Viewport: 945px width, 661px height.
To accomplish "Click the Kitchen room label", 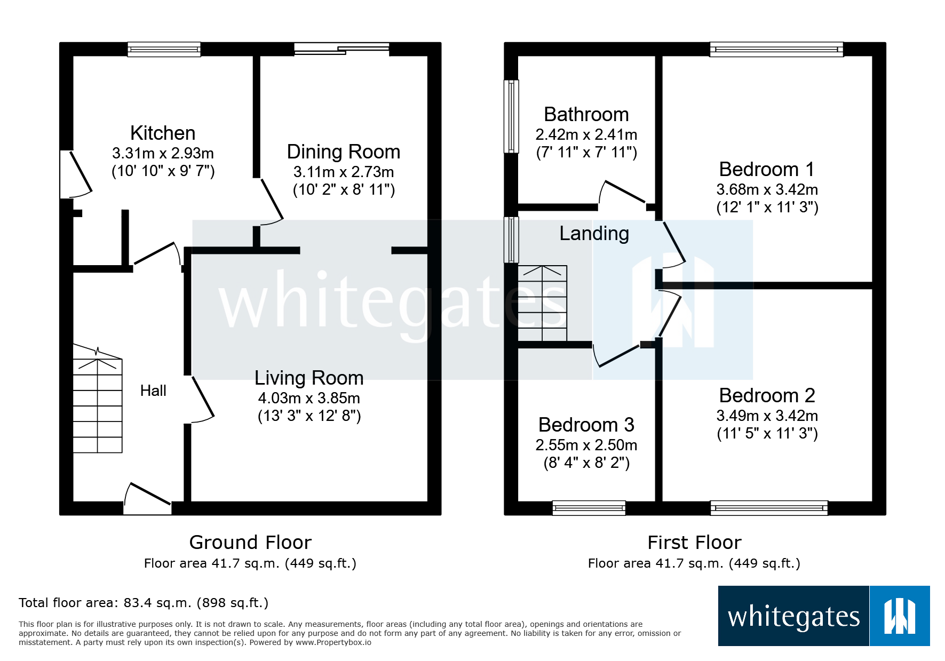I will (x=163, y=133).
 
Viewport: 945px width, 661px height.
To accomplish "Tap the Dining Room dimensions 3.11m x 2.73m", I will (x=344, y=172).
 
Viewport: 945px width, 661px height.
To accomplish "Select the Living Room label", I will (x=309, y=378).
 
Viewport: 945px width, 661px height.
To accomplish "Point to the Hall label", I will (x=153, y=391).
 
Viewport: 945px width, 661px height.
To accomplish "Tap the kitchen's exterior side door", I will (x=75, y=174).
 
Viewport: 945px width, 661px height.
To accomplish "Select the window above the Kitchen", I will (x=164, y=50).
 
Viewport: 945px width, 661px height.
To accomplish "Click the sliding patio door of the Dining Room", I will (x=342, y=49).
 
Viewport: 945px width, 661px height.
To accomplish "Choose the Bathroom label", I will (x=586, y=114).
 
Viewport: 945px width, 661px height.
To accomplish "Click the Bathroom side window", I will (x=511, y=116).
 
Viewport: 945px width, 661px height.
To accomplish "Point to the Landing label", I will (x=594, y=234).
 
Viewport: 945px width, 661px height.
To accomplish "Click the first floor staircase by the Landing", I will (x=542, y=303).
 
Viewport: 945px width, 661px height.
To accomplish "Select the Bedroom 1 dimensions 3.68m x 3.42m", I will (x=767, y=189).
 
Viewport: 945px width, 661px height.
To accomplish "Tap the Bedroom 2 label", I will (x=767, y=395).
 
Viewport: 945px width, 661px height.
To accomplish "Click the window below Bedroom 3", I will (x=589, y=508).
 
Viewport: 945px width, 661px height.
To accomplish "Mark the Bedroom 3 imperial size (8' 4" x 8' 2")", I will (x=586, y=463).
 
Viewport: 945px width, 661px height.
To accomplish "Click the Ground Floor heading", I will (x=250, y=542).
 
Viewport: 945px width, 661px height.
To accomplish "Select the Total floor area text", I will (x=144, y=603).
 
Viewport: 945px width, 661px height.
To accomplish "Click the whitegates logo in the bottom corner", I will (x=823, y=616).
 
